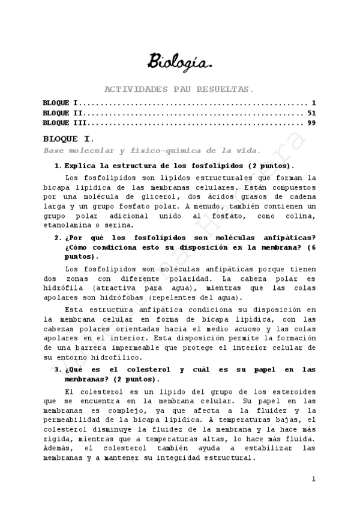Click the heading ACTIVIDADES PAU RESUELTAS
click(x=179, y=89)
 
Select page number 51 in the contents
click(x=311, y=112)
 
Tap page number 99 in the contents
click(x=311, y=122)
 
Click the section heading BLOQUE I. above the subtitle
click(x=67, y=139)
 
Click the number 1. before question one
click(x=58, y=165)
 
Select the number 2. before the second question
click(x=58, y=237)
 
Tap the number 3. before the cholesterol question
click(x=58, y=369)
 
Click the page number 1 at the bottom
click(x=313, y=479)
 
